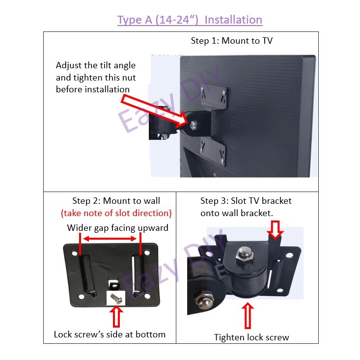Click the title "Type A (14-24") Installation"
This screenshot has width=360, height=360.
point(190,20)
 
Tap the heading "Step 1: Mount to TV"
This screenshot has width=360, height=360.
point(232,41)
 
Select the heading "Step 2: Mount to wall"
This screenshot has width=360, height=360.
point(116,201)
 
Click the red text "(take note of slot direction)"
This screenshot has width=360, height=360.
point(116,213)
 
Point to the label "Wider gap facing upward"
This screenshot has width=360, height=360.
point(117,228)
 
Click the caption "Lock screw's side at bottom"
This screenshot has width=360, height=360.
point(110,334)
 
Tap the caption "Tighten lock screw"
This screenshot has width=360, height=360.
point(251,337)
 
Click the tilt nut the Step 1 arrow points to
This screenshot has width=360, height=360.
point(194,125)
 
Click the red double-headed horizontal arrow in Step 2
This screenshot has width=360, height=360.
point(110,239)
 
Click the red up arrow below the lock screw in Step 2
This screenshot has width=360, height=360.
point(116,316)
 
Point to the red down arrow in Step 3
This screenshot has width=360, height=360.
point(276,230)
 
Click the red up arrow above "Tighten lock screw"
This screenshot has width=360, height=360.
point(248,315)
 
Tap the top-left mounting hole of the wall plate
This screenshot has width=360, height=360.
point(75,253)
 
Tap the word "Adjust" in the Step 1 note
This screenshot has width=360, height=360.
point(69,66)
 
